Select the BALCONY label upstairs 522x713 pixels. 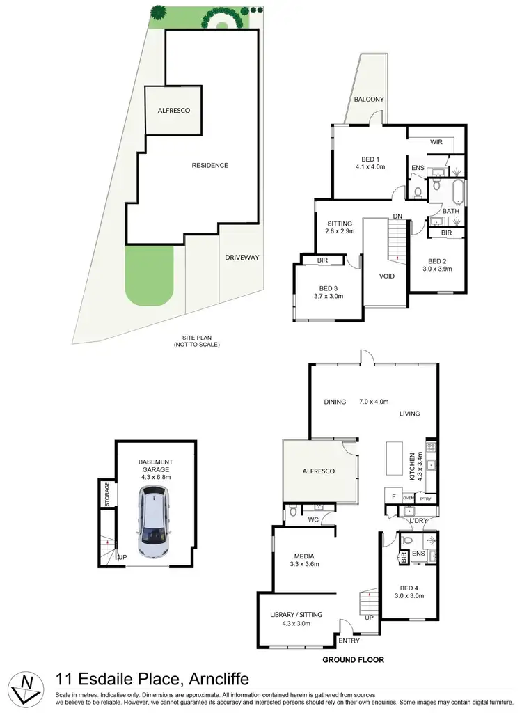click(369, 100)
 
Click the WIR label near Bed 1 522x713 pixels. click(436, 142)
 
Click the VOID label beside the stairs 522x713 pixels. click(386, 276)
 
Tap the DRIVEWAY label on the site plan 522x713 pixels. click(242, 258)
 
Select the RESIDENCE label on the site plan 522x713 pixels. click(209, 165)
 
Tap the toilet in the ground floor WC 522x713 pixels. click(293, 512)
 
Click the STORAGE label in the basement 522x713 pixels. click(107, 494)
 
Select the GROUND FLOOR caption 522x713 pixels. click(353, 659)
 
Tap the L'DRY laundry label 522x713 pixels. click(418, 520)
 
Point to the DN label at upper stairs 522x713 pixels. click(397, 217)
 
